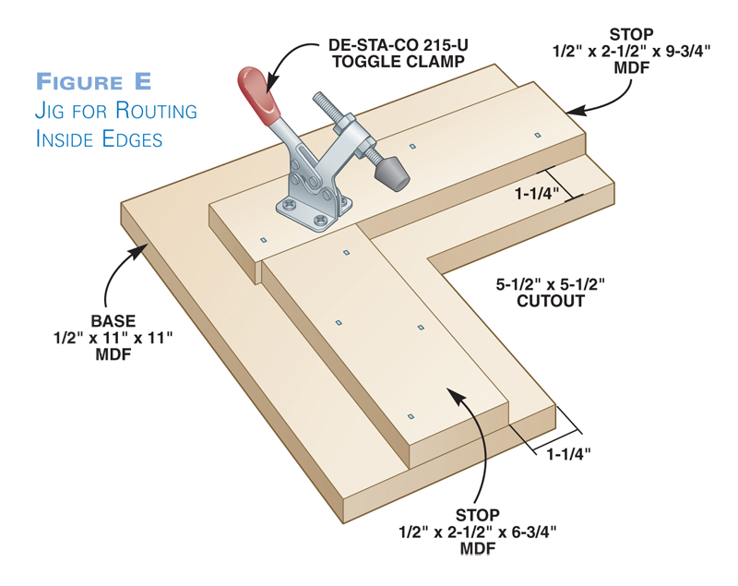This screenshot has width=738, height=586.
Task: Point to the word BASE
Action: [x=113, y=321]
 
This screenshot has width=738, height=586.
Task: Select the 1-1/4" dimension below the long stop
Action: [x=538, y=195]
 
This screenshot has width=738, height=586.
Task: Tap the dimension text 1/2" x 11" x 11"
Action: [x=113, y=337]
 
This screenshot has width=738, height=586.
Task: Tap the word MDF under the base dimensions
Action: [x=113, y=353]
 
